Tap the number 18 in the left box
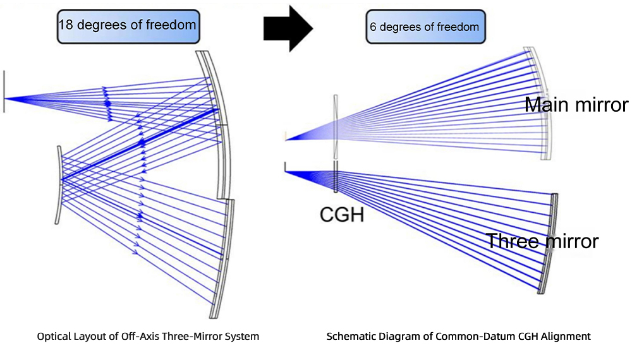(x=66, y=25)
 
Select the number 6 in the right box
(x=373, y=27)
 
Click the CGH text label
(x=342, y=214)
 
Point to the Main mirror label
(x=576, y=104)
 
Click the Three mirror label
(x=542, y=241)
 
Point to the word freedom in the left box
(x=171, y=25)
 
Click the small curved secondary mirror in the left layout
(x=59, y=185)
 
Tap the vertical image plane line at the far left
(x=4, y=92)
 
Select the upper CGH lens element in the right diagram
(x=336, y=127)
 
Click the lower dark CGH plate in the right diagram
(x=336, y=176)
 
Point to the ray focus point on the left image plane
(x=5, y=98)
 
